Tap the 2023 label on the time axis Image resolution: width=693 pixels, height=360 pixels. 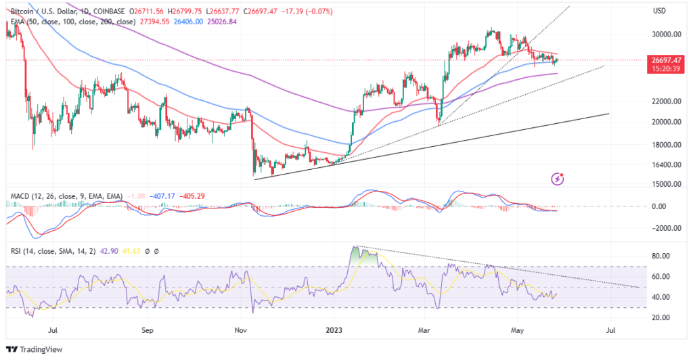(334, 332)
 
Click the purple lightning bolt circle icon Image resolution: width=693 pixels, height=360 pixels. (558, 178)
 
